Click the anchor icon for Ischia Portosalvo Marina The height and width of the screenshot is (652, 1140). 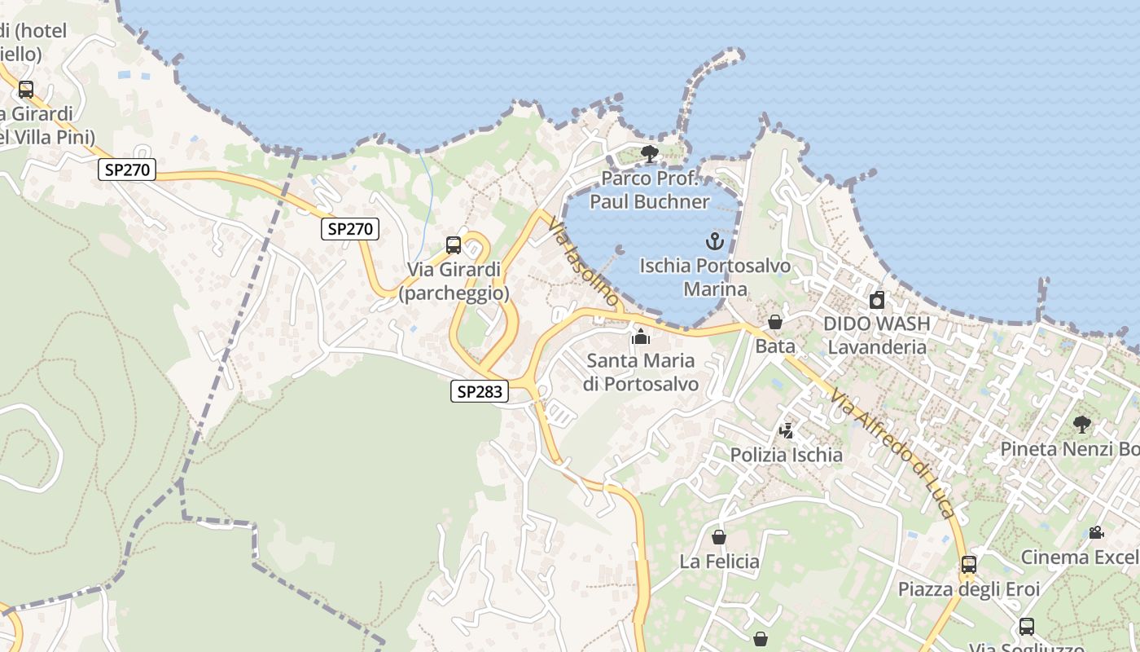[x=714, y=241]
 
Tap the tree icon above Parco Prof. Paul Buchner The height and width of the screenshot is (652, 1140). [x=649, y=153]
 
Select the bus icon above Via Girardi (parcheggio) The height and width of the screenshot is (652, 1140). [x=454, y=245]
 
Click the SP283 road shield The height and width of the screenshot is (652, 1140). [x=480, y=392]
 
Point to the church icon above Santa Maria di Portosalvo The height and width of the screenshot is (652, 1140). [x=641, y=336]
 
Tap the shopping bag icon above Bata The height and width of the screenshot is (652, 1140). [x=775, y=322]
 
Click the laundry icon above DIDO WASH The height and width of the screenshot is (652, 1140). [x=876, y=300]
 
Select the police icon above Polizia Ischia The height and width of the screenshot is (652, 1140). [x=786, y=430]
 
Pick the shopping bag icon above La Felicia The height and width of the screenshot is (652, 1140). [x=719, y=537]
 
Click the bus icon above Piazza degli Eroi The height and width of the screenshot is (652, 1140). [x=968, y=564]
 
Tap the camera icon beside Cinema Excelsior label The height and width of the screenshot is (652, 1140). [x=1096, y=533]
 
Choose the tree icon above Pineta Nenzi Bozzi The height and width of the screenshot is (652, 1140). [x=1082, y=424]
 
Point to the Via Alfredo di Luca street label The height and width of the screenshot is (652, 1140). [x=892, y=452]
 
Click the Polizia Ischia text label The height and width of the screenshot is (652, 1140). [x=786, y=455]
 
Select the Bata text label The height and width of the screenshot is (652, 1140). [x=775, y=346]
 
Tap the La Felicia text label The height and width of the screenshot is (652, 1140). [x=719, y=562]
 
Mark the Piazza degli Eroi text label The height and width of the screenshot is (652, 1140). [x=969, y=588]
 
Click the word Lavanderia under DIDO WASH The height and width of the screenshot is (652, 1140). [x=877, y=347]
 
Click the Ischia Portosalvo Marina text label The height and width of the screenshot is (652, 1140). [x=715, y=277]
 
